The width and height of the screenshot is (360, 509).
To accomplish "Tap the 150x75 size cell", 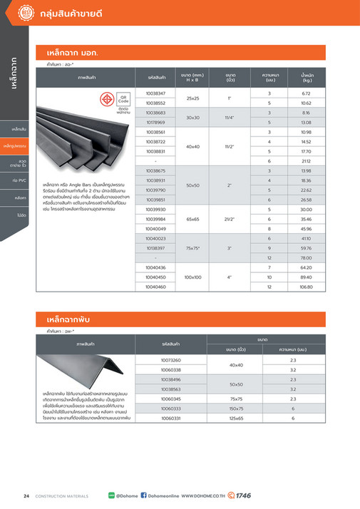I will tap(236, 409).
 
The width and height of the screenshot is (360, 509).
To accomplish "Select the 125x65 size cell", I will tap(236, 419).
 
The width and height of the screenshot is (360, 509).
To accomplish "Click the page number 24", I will tap(26, 495).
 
